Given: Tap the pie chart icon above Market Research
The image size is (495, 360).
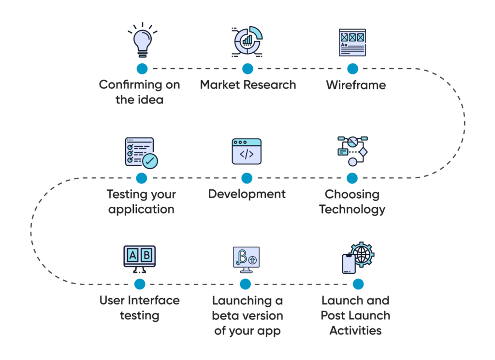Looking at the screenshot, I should click(x=247, y=42).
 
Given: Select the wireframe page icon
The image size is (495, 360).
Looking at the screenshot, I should click(x=352, y=43).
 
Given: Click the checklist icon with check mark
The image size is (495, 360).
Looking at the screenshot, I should click(x=141, y=152).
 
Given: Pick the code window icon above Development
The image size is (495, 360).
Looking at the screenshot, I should click(x=247, y=152).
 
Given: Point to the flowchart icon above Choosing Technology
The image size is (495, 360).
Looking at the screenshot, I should click(x=352, y=151).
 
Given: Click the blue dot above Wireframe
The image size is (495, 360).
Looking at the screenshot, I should click(x=353, y=68).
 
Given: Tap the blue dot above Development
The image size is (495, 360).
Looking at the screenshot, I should click(x=247, y=178).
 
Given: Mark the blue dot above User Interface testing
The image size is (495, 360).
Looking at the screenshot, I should click(x=140, y=283).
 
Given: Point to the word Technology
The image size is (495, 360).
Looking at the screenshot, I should click(x=352, y=210).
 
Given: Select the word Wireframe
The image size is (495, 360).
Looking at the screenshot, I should click(x=356, y=85).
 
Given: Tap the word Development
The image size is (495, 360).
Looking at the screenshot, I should click(x=247, y=194).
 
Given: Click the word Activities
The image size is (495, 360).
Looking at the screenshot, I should click(x=356, y=331).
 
